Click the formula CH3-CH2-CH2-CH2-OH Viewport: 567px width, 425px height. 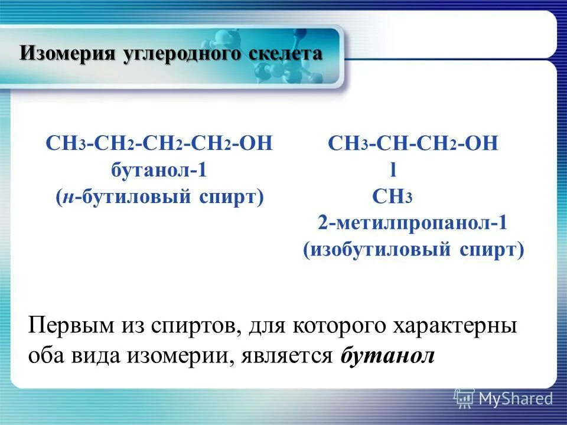click(159, 145)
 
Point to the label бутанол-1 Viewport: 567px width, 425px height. click(159, 171)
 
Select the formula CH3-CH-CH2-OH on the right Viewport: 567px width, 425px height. click(413, 145)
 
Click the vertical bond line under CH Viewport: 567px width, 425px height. click(393, 171)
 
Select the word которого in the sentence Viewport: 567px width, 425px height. click(339, 326)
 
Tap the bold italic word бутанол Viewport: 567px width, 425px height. click(387, 356)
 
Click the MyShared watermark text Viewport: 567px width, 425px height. click(516, 398)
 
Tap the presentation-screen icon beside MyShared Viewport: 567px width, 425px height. click(464, 398)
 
